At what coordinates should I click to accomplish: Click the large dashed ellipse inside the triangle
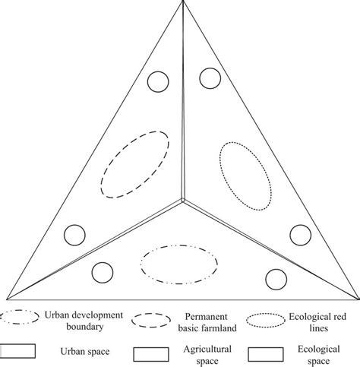134,164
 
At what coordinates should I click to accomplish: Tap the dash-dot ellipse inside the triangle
177,262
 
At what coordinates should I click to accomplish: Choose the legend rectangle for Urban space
21,352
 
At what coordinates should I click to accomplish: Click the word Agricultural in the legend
204,347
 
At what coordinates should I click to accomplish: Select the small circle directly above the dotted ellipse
210,78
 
